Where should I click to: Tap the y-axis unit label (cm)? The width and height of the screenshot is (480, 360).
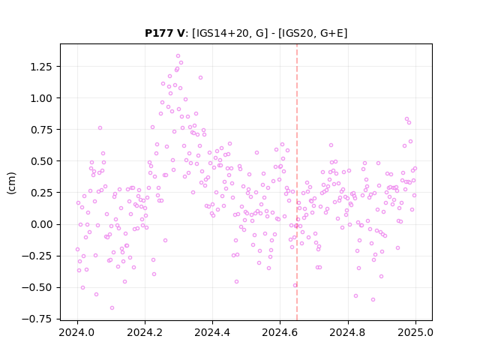point(11,183)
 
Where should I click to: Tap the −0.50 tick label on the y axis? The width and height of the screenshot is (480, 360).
point(38,287)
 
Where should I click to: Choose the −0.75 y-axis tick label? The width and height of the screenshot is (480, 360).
point(38,319)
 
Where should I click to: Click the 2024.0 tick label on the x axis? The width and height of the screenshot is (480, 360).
point(77,332)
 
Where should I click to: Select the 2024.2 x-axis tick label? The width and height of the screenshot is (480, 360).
point(145,332)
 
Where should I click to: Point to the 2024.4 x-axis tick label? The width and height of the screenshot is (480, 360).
point(212,332)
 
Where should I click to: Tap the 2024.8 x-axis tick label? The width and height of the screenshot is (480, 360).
point(348,332)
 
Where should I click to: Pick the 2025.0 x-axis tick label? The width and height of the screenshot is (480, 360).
point(415,332)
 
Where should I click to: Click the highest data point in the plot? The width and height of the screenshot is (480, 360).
point(178,56)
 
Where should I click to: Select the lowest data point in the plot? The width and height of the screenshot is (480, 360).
point(112,307)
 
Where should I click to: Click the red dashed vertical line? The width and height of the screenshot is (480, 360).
point(297,181)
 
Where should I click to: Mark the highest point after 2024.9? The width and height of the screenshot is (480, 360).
point(406,119)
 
